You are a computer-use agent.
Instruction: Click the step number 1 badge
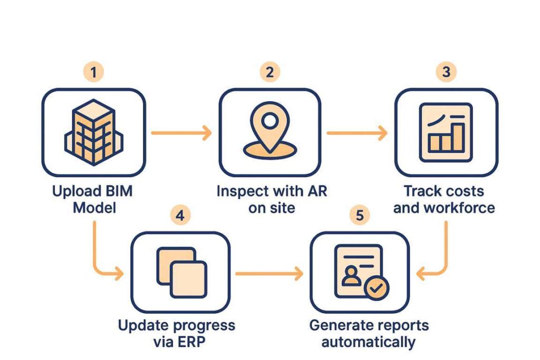(x=93, y=72)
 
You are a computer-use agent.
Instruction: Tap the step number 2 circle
(x=269, y=72)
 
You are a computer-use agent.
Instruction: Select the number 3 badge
(x=446, y=72)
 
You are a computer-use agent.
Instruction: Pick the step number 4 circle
(x=180, y=216)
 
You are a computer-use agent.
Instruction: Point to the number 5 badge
(x=360, y=216)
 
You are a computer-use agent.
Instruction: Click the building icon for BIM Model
(x=94, y=132)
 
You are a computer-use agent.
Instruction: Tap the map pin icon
(x=270, y=130)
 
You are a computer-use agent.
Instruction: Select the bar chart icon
(x=446, y=132)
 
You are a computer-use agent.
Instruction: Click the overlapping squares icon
(x=182, y=273)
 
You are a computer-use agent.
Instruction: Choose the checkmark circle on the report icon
(x=377, y=288)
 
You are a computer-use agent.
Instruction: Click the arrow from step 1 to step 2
(x=181, y=133)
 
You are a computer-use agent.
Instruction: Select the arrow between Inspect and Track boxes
(x=357, y=133)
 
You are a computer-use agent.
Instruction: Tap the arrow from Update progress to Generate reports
(x=269, y=274)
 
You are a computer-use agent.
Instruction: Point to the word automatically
(x=368, y=343)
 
